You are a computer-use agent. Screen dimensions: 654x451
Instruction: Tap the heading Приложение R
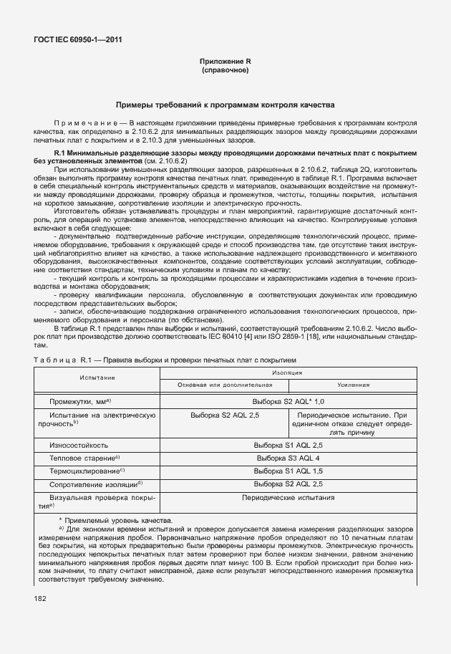(225, 62)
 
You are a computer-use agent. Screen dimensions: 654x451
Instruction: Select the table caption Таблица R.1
(61, 360)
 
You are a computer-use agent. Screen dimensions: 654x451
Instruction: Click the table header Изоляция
(286, 372)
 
